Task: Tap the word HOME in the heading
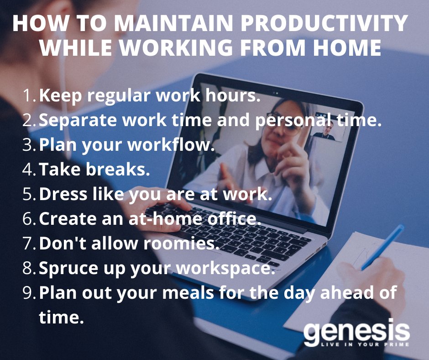(351, 48)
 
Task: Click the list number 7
(30, 244)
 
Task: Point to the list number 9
(30, 293)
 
